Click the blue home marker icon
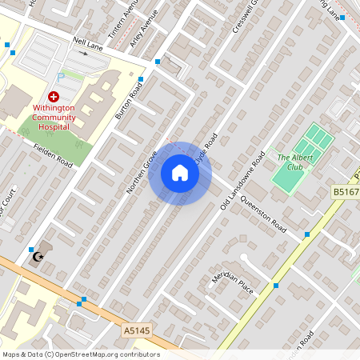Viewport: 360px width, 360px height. [x=180, y=173]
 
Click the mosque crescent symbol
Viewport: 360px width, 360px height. [x=36, y=256]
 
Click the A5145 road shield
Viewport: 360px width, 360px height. [x=137, y=330]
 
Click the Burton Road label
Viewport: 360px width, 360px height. [x=126, y=103]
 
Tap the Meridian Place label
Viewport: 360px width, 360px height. [x=232, y=281]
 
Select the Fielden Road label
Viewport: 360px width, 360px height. [x=54, y=155]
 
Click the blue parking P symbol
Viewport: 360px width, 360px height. [x=61, y=78]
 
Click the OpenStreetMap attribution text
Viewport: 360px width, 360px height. [x=80, y=354]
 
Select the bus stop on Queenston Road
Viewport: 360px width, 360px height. [x=307, y=234]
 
